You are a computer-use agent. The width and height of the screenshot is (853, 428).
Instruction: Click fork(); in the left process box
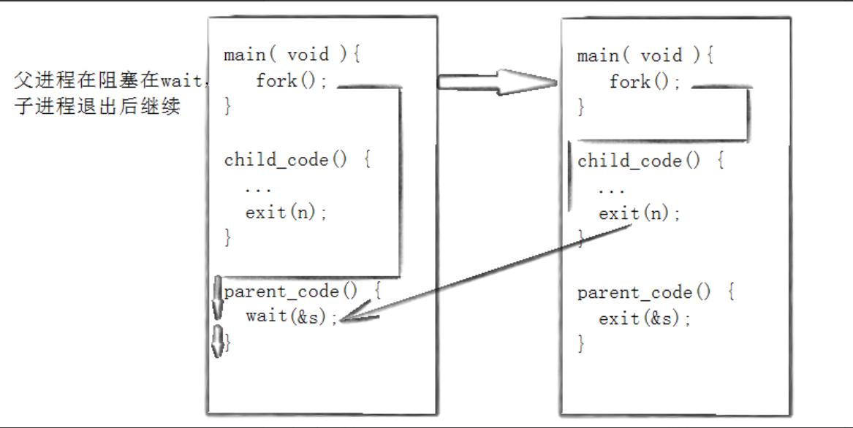point(287,80)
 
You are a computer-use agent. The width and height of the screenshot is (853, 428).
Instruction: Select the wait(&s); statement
point(292,317)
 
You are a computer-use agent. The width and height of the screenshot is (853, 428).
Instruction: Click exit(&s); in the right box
point(645,319)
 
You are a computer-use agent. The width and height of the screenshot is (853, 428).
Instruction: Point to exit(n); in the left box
point(287,213)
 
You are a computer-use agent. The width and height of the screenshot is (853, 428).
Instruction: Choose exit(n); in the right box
point(640,214)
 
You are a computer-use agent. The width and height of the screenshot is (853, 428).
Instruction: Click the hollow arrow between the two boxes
point(497,81)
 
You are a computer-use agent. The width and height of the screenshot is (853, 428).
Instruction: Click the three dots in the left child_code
point(258,188)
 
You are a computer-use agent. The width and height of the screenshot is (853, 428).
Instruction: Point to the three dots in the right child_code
point(611,189)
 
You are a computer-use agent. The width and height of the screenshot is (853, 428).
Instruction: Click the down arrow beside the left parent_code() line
point(217,297)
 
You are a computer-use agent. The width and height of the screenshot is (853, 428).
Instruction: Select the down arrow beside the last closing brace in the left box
point(217,341)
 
